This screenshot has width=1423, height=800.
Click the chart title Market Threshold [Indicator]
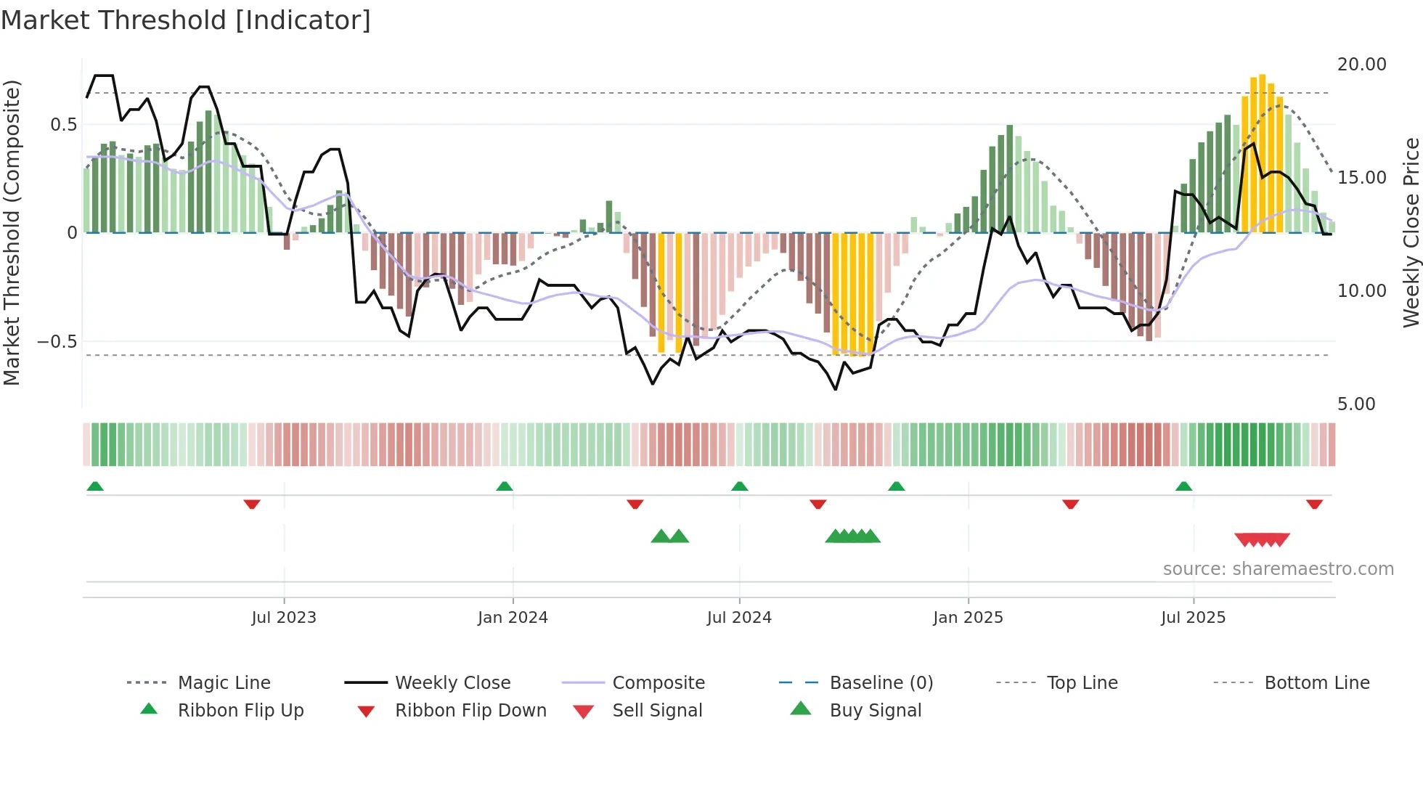point(186,20)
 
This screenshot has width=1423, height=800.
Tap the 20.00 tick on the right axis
point(1361,65)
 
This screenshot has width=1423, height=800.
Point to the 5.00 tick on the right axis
point(1355,404)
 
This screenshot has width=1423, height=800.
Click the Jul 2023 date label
point(284,618)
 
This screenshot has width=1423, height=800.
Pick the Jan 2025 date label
point(968,618)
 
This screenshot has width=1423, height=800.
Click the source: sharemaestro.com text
point(1278,569)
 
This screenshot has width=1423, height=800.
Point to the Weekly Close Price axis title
point(1411,232)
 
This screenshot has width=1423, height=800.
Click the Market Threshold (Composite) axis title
point(12,232)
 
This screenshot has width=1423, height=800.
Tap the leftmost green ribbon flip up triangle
point(95,486)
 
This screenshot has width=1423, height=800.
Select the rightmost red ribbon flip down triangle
point(1314,504)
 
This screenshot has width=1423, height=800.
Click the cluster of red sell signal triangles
point(1262,539)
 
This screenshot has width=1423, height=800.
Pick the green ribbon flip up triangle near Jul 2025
point(1183,486)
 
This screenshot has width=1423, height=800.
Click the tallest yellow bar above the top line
point(1262,152)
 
